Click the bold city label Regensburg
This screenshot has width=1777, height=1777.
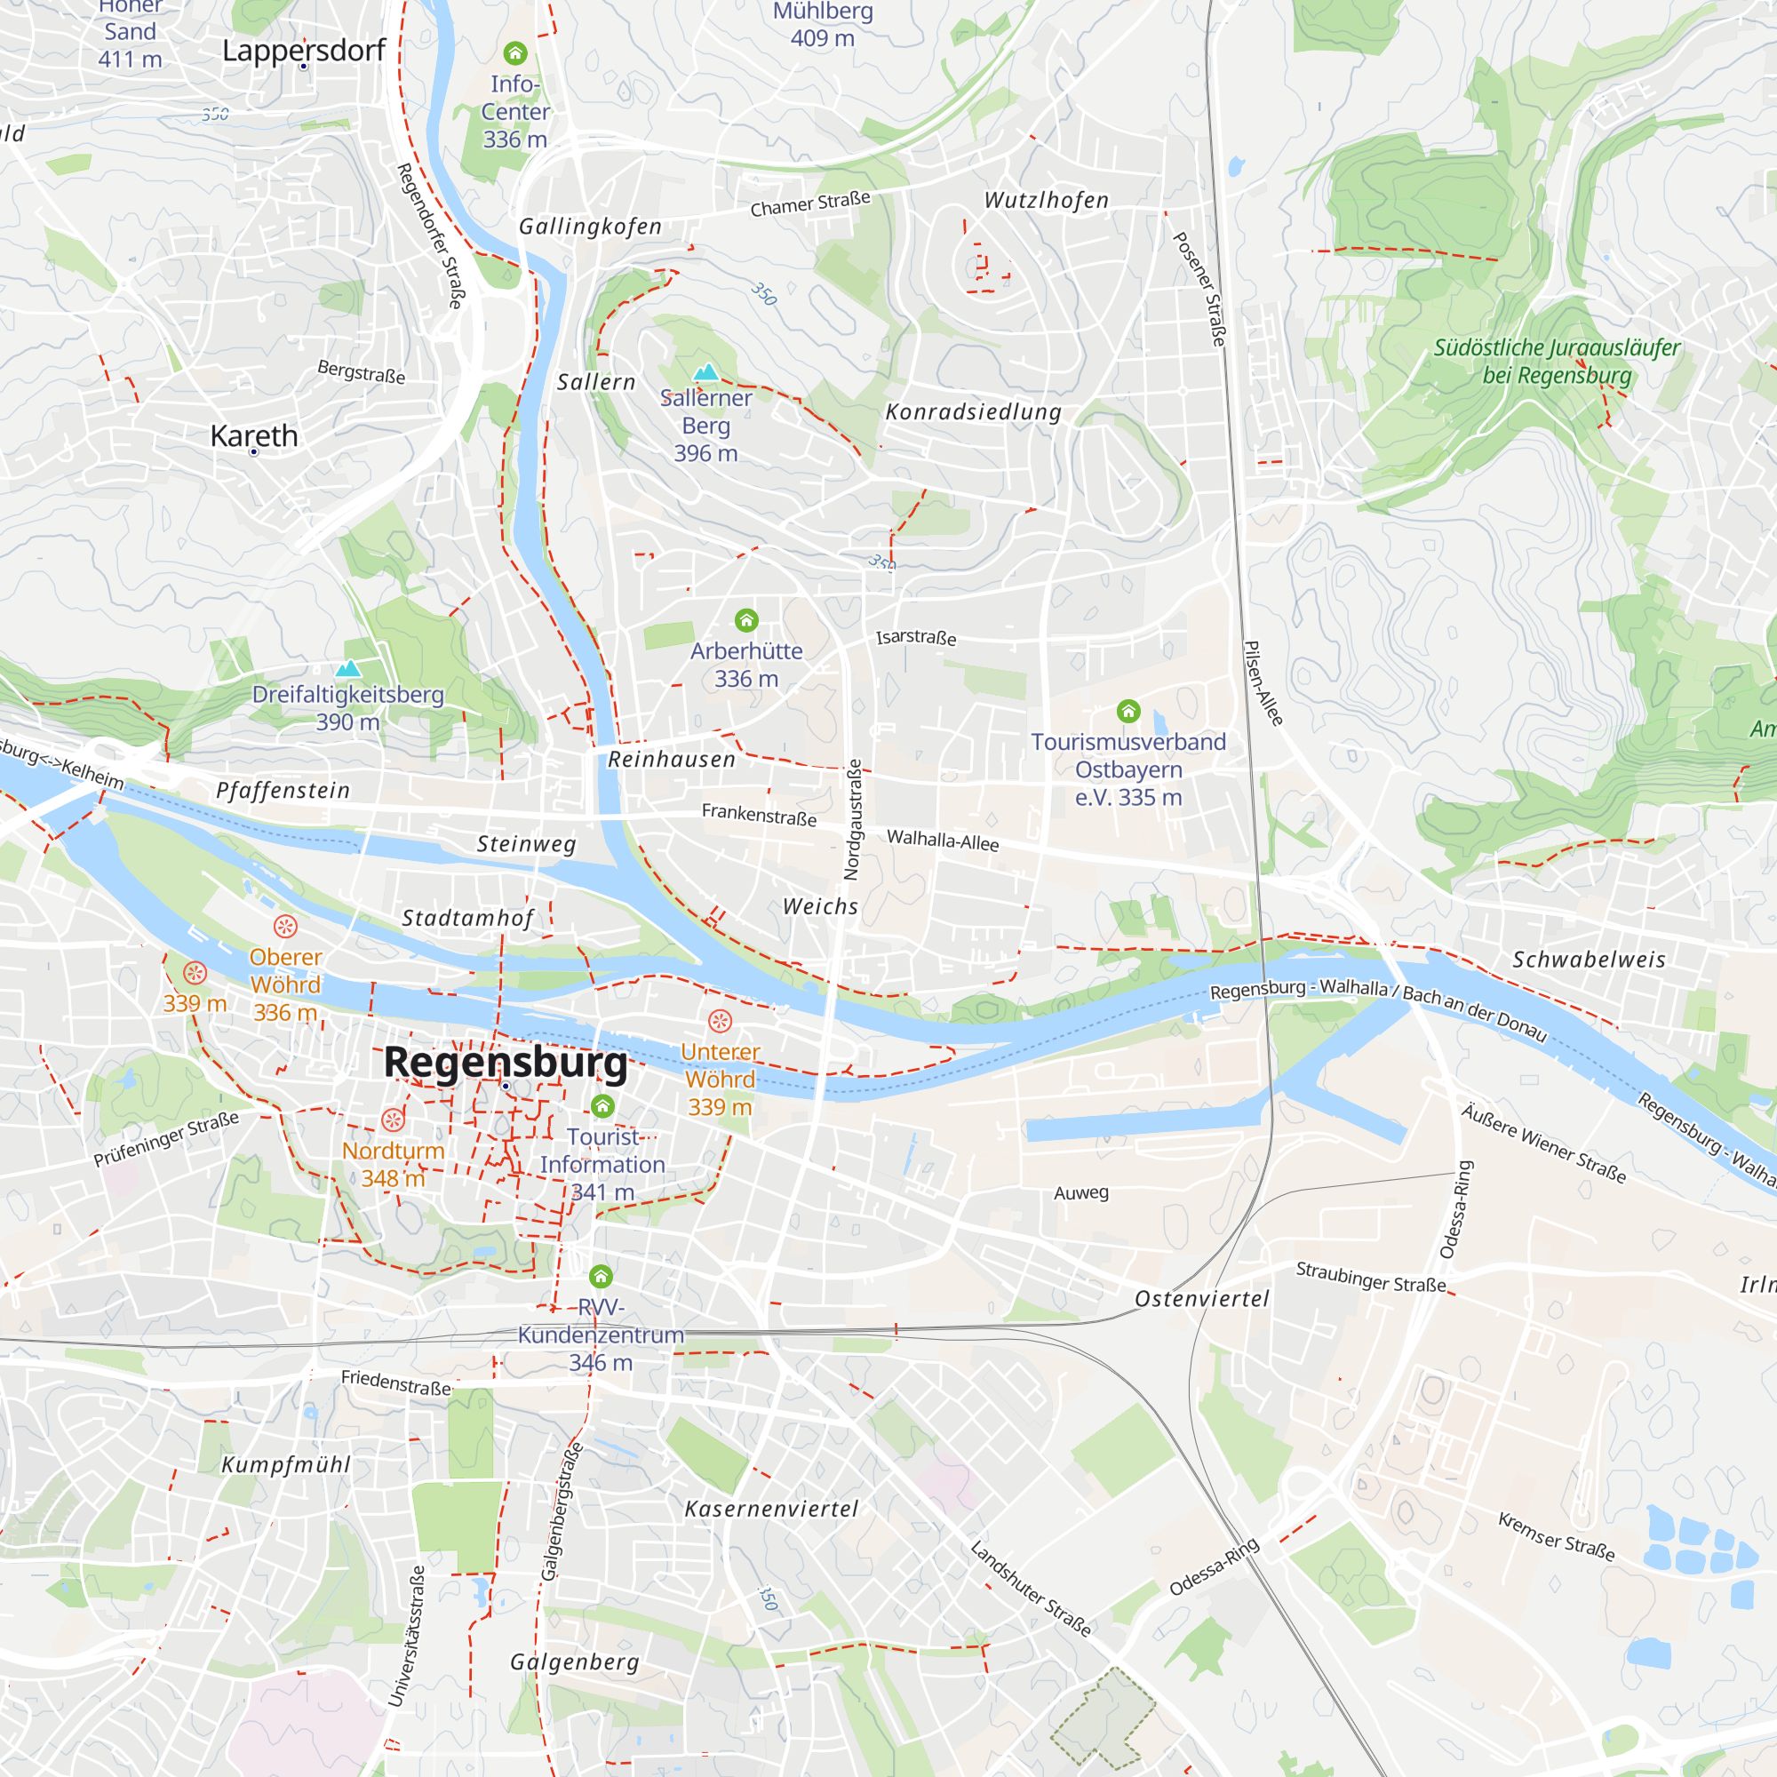click(x=505, y=1063)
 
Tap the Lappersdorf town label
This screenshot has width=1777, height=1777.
click(x=304, y=50)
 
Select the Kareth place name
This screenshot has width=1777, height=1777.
click(x=254, y=435)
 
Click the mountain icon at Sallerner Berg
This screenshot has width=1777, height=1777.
click(x=705, y=371)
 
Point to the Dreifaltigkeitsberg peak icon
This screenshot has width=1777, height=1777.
click(x=347, y=669)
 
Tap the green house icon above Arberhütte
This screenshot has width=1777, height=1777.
click(x=746, y=620)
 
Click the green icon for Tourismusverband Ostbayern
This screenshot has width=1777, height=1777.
click(x=1128, y=711)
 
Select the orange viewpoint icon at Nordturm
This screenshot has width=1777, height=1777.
click(x=393, y=1120)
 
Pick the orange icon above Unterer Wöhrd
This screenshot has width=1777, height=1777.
click(x=720, y=1021)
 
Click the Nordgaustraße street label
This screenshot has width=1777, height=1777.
click(x=854, y=818)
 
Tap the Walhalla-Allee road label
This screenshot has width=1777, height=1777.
click(x=942, y=840)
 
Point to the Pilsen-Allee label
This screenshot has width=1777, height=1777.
click(x=1262, y=682)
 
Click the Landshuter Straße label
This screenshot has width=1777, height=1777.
click(x=1030, y=1589)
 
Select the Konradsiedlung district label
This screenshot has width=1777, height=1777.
click(x=972, y=412)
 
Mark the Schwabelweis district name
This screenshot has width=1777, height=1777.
click(x=1589, y=960)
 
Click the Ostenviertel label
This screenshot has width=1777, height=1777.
click(x=1201, y=1299)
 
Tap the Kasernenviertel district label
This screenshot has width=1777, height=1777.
click(x=770, y=1509)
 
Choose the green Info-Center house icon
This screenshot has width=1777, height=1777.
click(x=515, y=52)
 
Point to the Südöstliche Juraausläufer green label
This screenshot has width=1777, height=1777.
click(x=1557, y=362)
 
